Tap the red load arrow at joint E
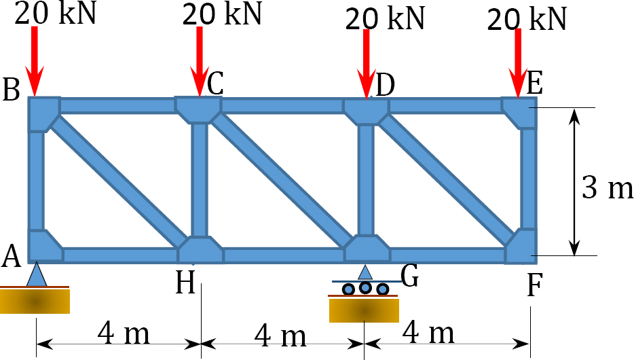click(x=518, y=63)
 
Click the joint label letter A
click(x=11, y=257)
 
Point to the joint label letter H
click(x=185, y=282)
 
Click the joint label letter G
click(x=409, y=277)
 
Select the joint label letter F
click(x=534, y=285)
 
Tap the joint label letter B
click(x=11, y=90)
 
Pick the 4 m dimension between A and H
click(x=124, y=334)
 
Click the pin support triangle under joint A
click(x=37, y=274)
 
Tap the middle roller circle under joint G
click(x=365, y=287)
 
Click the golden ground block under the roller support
click(x=364, y=310)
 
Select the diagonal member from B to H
click(x=118, y=181)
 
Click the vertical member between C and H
click(x=200, y=179)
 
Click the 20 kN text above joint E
click(x=527, y=19)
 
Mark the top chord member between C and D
click(x=282, y=106)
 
